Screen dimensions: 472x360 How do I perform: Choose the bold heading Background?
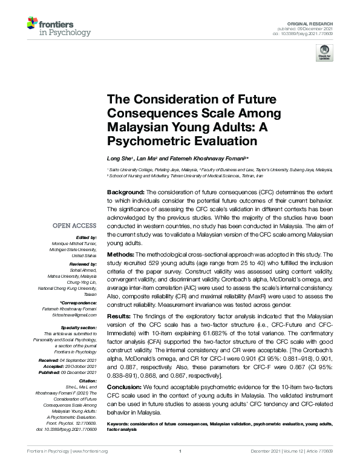(126, 191)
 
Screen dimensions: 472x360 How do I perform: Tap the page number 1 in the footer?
(180, 467)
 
